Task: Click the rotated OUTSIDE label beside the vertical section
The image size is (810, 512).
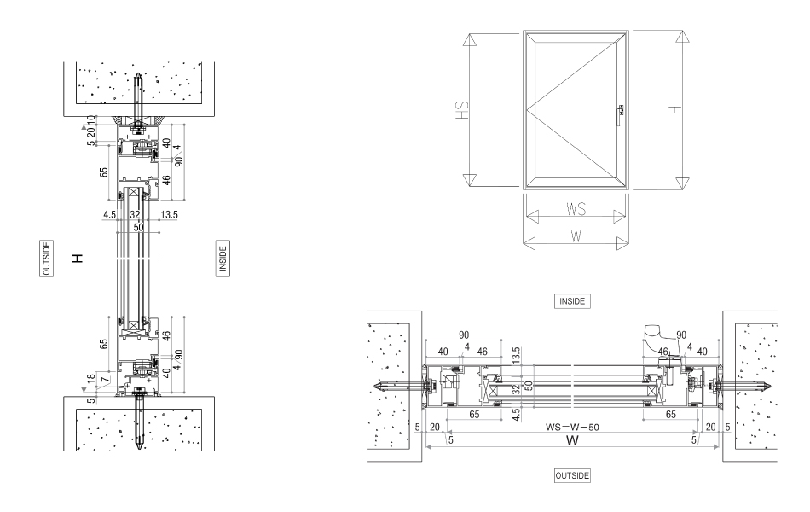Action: (47, 258)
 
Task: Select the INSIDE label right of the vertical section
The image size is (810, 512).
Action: (223, 258)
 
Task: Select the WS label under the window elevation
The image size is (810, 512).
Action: (576, 208)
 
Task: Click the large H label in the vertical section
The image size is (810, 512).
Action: (78, 258)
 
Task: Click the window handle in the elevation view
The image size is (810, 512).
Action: (621, 109)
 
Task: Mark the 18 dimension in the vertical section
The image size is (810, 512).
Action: (90, 376)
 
